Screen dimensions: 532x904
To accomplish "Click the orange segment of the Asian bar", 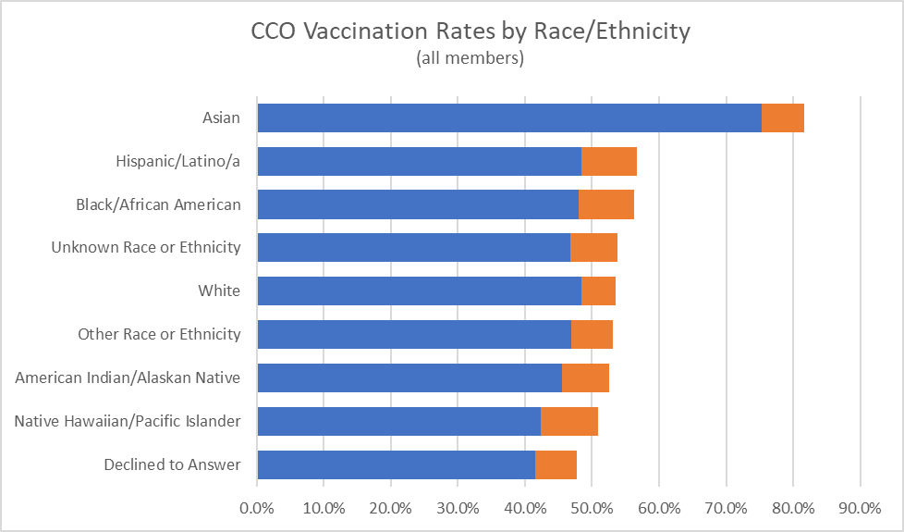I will pyautogui.click(x=783, y=118).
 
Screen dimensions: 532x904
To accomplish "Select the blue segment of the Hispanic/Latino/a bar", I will pyautogui.click(x=419, y=161).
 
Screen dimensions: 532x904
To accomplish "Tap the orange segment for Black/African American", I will pyautogui.click(x=606, y=204).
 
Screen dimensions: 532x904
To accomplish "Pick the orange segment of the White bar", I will pyautogui.click(x=598, y=291).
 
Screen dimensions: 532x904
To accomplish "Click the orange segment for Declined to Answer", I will pyautogui.click(x=556, y=464).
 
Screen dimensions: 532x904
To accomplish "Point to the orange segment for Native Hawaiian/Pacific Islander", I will pyautogui.click(x=569, y=421).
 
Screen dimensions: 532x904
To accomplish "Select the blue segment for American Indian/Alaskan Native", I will pyautogui.click(x=409, y=377).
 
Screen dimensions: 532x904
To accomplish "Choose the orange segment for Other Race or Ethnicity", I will pyautogui.click(x=592, y=334).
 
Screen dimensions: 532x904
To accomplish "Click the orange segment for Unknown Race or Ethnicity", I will pyautogui.click(x=593, y=248).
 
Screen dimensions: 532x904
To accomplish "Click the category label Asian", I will pyautogui.click(x=221, y=118).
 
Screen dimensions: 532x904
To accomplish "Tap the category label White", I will pyautogui.click(x=219, y=291).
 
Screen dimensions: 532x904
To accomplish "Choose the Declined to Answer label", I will pyautogui.click(x=172, y=464).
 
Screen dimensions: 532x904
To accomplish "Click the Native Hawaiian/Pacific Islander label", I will pyautogui.click(x=128, y=421).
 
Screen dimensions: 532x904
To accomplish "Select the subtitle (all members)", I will pyautogui.click(x=470, y=58).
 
